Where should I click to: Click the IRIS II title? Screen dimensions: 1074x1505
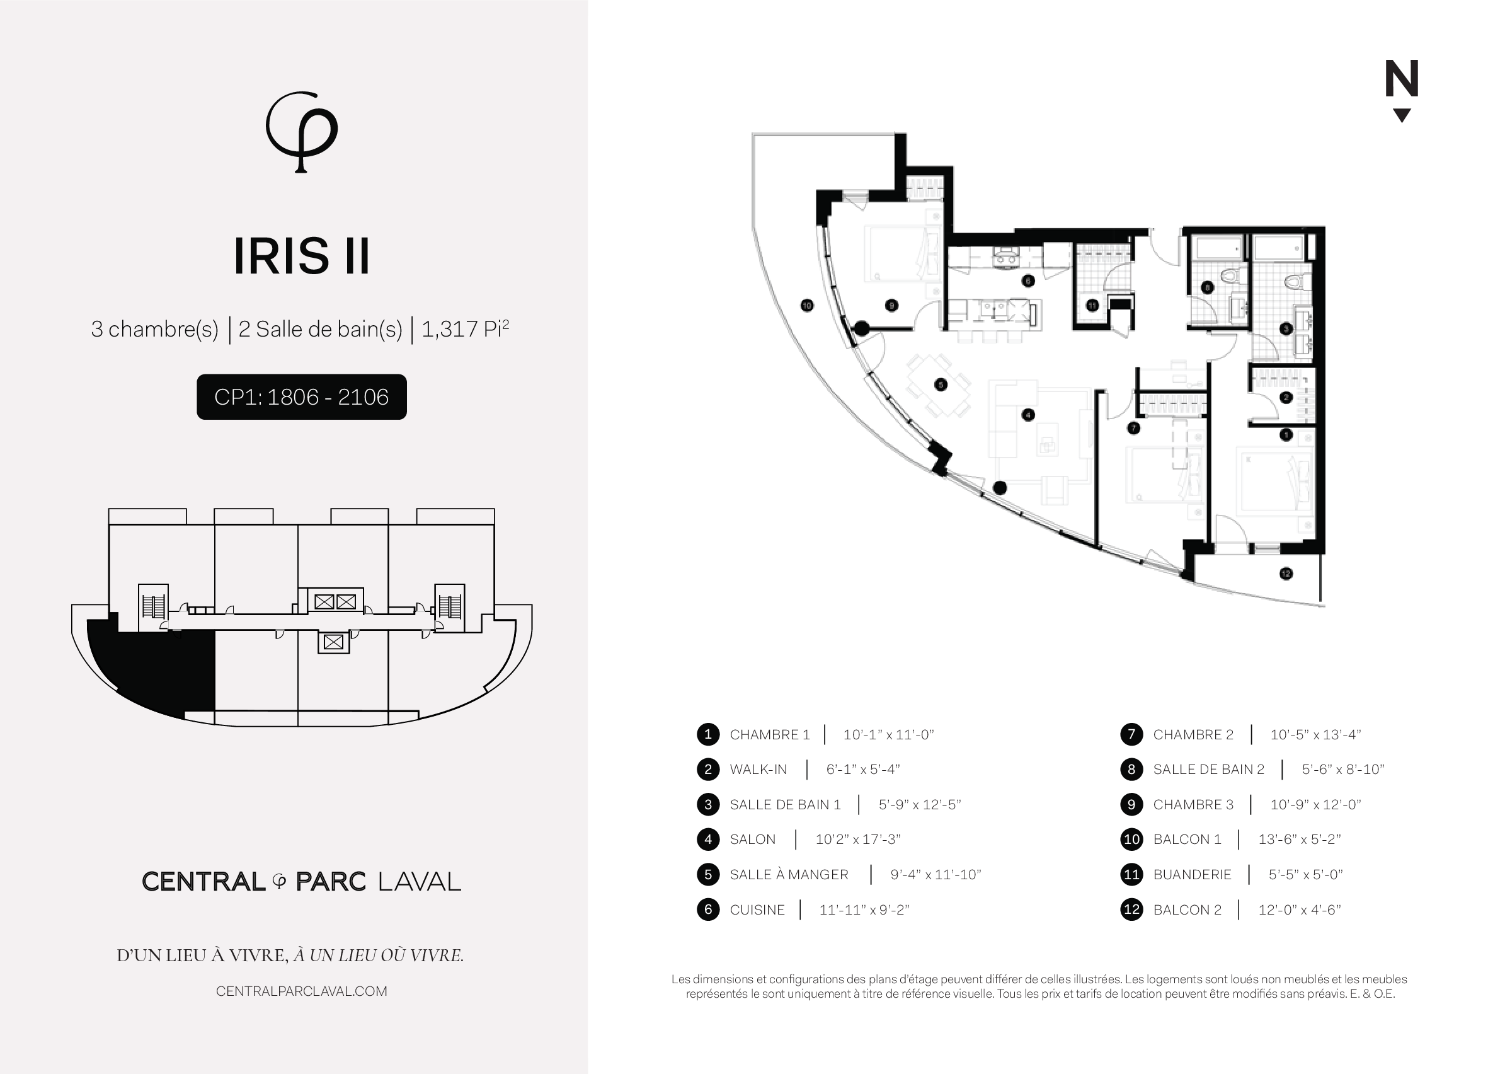(301, 256)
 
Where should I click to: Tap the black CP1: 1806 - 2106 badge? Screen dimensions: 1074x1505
(301, 397)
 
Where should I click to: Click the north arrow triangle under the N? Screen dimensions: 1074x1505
(1401, 115)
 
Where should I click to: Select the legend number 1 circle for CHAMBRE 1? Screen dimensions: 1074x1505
(708, 734)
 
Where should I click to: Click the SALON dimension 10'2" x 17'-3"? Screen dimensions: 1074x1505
(857, 840)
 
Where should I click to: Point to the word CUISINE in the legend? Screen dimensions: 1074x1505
(757, 910)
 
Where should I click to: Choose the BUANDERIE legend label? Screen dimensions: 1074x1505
(1192, 874)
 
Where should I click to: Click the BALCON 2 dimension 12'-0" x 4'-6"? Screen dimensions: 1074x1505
(1299, 910)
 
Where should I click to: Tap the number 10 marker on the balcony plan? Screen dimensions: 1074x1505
(806, 306)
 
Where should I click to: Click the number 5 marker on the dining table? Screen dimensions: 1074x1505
(941, 384)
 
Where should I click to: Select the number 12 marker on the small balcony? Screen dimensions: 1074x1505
(1286, 574)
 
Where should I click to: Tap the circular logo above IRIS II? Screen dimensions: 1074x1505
(301, 131)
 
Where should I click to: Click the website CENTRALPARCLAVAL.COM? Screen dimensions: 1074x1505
(301, 991)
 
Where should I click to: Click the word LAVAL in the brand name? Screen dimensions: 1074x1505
(419, 882)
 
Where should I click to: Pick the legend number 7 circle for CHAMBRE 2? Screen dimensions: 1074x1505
(1131, 734)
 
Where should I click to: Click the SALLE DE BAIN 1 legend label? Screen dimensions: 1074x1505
(784, 804)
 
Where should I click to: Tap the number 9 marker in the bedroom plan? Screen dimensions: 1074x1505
(891, 306)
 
